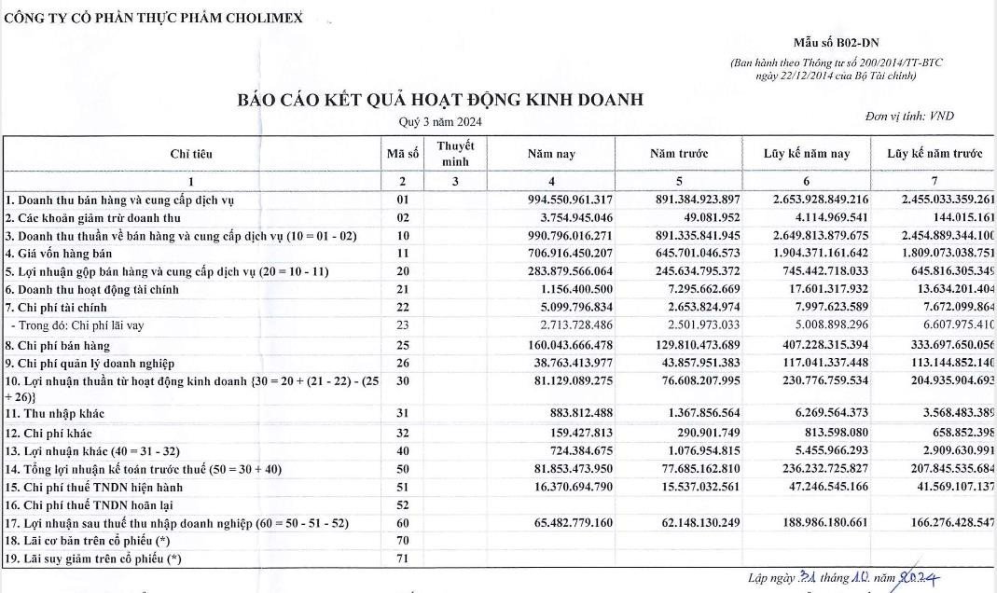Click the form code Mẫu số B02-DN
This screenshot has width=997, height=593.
pyautogui.click(x=836, y=43)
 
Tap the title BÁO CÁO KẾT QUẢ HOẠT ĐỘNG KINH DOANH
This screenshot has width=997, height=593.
pyautogui.click(x=440, y=100)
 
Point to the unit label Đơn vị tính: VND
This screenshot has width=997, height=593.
pyautogui.click(x=909, y=116)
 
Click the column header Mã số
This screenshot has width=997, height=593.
pyautogui.click(x=403, y=154)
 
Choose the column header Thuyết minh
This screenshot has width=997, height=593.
pyautogui.click(x=455, y=154)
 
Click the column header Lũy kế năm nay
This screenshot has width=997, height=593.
pyautogui.click(x=806, y=154)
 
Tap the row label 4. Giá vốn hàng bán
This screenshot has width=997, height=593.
pyautogui.click(x=59, y=253)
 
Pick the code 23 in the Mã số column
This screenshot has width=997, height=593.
pyautogui.click(x=403, y=325)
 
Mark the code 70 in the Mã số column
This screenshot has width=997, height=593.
pyautogui.click(x=403, y=541)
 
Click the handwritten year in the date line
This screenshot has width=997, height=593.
pyautogui.click(x=918, y=578)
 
